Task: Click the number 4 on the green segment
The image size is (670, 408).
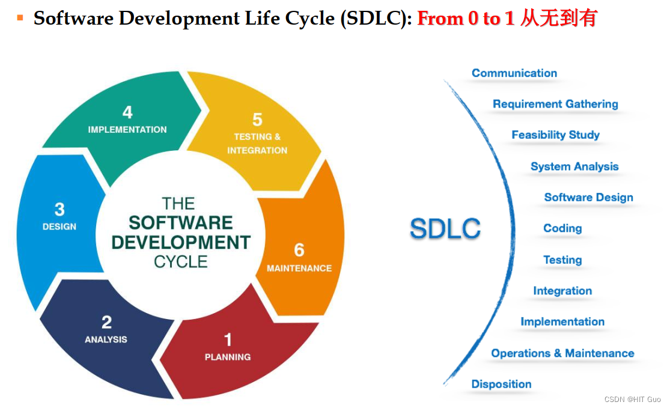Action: pos(127,112)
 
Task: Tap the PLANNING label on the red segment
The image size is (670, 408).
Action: pos(227,357)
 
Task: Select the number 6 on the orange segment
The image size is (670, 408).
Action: pos(299,250)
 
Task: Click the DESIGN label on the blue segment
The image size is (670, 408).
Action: pos(59,227)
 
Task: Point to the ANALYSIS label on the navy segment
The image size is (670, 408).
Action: pos(106,339)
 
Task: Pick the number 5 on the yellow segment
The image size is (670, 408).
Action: pos(257,120)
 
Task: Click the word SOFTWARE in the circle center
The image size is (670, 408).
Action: pos(180,223)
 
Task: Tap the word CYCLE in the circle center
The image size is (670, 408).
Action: pos(180,262)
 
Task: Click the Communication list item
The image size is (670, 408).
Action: pos(514,73)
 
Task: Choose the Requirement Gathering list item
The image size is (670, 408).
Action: pos(555,104)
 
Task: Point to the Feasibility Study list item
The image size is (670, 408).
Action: pos(555,135)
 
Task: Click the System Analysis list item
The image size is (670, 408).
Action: pos(574,166)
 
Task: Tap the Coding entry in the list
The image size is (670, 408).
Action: pos(562,228)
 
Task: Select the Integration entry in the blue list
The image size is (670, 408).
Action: pos(562,291)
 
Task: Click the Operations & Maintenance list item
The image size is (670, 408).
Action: pos(562,353)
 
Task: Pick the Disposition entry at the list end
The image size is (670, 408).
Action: pos(501,384)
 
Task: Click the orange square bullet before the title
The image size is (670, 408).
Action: pos(20,18)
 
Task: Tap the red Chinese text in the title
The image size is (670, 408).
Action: pos(558,19)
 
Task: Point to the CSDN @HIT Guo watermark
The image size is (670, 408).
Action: pos(632,400)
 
